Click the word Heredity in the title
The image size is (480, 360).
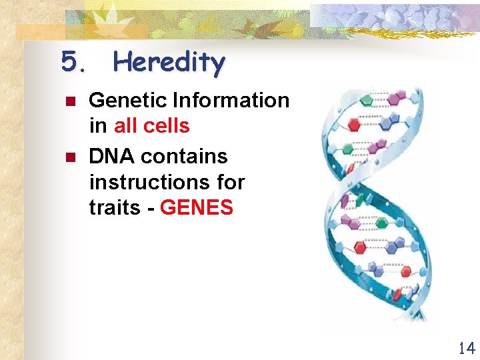(169, 63)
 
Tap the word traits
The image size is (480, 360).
(114, 208)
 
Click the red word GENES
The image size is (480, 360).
(197, 208)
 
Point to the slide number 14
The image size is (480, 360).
(466, 347)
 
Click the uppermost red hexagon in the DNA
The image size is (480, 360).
(354, 125)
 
